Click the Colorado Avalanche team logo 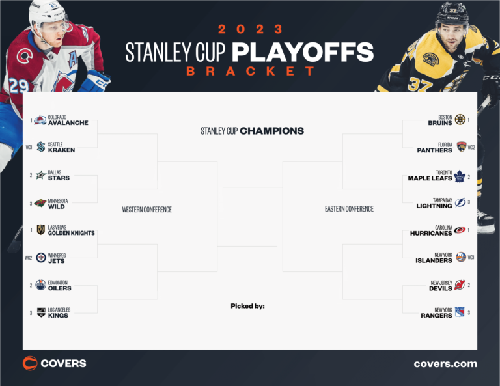click(x=40, y=120)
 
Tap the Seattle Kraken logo click(x=40, y=147)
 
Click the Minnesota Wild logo click(x=40, y=203)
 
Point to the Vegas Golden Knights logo click(x=40, y=230)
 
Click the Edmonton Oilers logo click(x=40, y=285)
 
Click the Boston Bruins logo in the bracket click(x=460, y=120)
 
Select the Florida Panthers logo click(x=462, y=147)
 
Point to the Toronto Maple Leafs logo click(x=460, y=176)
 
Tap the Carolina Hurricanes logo click(x=460, y=230)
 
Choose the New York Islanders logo click(x=460, y=257)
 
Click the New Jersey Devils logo click(x=460, y=285)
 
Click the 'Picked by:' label click(x=247, y=306)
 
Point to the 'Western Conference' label click(x=147, y=210)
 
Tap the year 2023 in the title click(x=251, y=29)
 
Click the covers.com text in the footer click(x=445, y=364)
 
